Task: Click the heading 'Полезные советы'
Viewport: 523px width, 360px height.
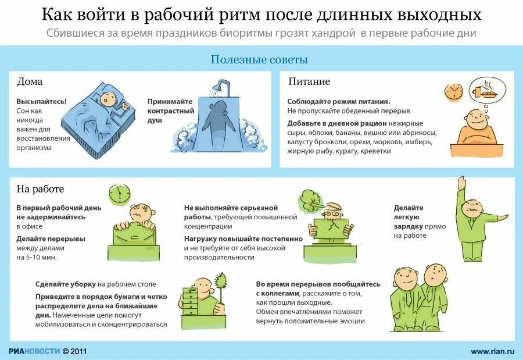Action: [259, 60]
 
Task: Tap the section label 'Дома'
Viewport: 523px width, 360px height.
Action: [30, 81]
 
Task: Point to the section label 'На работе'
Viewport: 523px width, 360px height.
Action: [40, 189]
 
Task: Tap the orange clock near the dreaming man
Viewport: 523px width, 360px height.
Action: [453, 91]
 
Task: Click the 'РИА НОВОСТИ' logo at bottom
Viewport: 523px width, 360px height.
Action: [34, 351]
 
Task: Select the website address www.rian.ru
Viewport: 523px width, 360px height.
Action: [492, 351]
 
